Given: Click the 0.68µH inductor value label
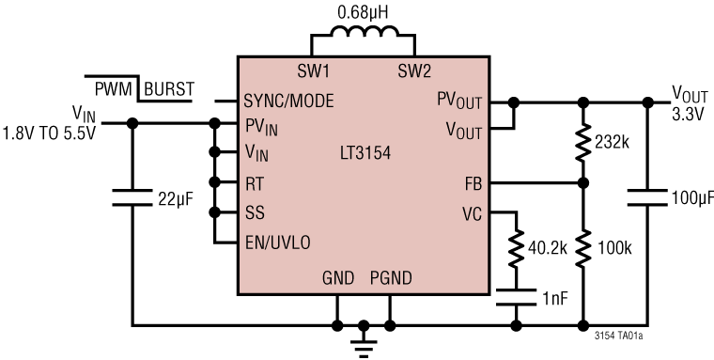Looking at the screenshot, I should pyautogui.click(x=362, y=13).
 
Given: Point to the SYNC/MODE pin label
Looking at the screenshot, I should pyautogui.click(x=288, y=101).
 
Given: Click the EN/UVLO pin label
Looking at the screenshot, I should pyautogui.click(x=277, y=242).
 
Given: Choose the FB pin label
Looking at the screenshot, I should pyautogui.click(x=471, y=182).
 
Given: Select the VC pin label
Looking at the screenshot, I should pyautogui.click(x=471, y=212).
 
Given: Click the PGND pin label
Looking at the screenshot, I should pyautogui.click(x=391, y=279).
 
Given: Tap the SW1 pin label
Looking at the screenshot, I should pyautogui.click(x=311, y=71).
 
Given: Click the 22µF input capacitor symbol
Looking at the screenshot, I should pyautogui.click(x=132, y=198).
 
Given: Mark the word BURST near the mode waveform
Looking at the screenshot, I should pyautogui.click(x=169, y=90).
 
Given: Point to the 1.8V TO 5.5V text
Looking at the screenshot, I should pyautogui.click(x=49, y=133).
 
